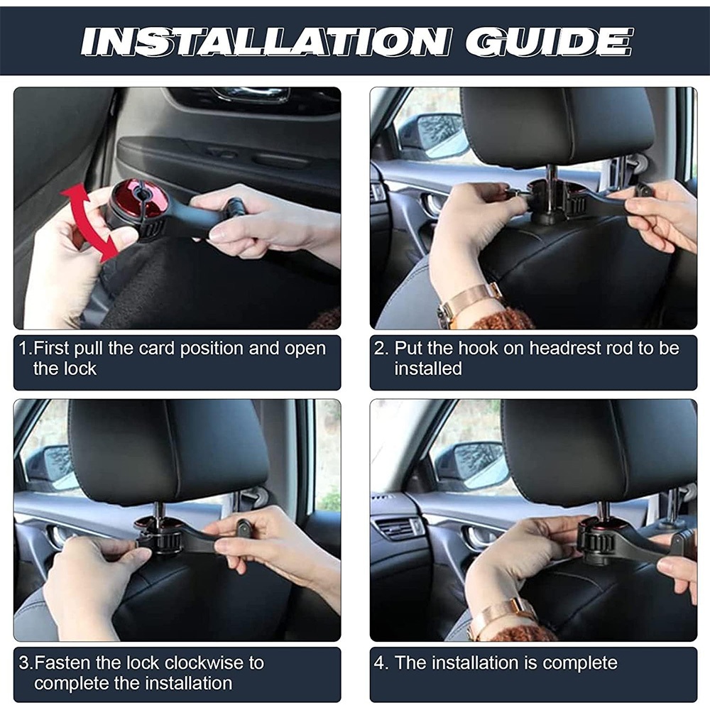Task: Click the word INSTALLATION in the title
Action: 266,42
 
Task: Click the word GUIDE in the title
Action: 548,42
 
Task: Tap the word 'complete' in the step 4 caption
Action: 580,664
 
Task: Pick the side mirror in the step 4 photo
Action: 471,466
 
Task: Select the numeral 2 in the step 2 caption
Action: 381,349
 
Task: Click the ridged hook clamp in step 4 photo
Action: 598,541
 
